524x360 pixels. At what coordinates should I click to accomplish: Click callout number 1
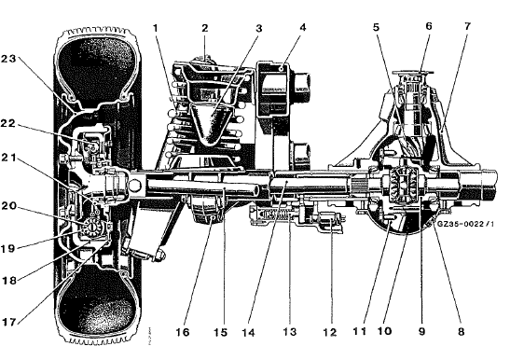click(155, 28)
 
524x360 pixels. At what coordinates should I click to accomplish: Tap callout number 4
click(303, 27)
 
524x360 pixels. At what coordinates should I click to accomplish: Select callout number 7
click(467, 26)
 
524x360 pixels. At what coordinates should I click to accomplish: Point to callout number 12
click(330, 332)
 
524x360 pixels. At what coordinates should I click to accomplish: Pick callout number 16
click(183, 332)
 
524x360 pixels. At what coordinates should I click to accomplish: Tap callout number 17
click(9, 322)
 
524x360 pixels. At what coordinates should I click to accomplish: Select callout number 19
click(8, 249)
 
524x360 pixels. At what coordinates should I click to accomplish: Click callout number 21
click(8, 158)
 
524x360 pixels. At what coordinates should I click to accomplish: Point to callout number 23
click(8, 59)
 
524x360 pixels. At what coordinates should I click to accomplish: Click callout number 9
click(422, 331)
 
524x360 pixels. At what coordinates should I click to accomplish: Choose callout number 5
click(377, 27)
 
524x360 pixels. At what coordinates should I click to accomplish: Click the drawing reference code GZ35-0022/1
click(465, 223)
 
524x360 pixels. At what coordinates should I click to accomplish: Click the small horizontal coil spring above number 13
click(275, 215)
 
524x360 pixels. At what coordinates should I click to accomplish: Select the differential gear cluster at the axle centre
click(404, 186)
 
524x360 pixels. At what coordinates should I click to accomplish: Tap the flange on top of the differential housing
click(413, 72)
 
